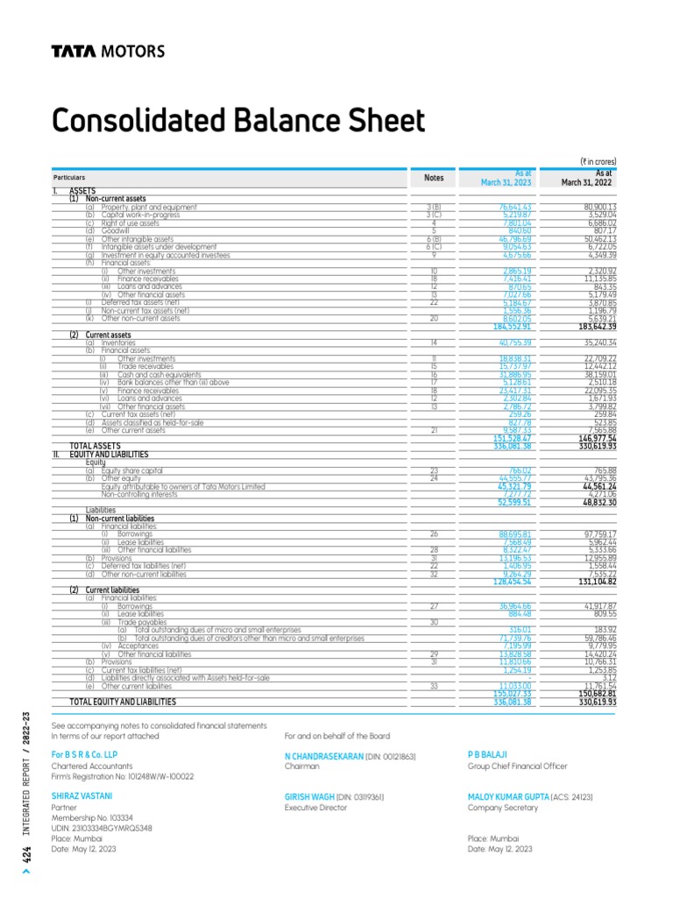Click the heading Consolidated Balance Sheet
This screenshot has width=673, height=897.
[238, 121]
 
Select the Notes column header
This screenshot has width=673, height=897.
[434, 178]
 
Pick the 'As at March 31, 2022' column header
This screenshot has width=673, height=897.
[586, 178]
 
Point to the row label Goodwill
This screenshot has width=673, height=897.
[115, 230]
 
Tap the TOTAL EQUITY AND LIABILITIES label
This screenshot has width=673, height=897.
[123, 702]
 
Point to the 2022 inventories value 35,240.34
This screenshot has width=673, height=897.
[594, 343]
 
